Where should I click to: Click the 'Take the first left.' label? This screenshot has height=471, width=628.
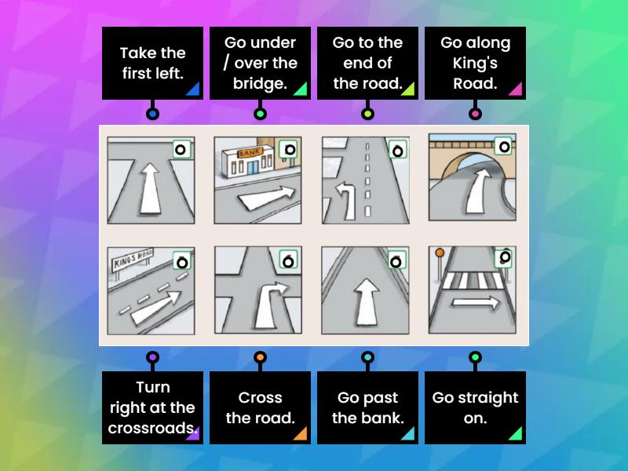point(152,64)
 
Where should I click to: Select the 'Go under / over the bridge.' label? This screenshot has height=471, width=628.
point(260,64)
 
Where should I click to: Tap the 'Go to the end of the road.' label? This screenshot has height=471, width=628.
point(367,64)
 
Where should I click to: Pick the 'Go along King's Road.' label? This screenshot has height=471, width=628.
point(475,64)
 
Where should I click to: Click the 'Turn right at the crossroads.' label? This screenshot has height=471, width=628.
point(152,407)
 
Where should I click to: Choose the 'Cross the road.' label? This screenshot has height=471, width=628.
point(260,407)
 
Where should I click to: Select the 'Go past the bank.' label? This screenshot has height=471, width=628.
point(367,407)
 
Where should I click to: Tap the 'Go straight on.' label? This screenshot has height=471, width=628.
point(475,407)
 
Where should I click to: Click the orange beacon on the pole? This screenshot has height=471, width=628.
point(440,253)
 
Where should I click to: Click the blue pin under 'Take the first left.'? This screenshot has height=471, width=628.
point(152,114)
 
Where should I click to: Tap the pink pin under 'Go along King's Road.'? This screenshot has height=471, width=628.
point(475,114)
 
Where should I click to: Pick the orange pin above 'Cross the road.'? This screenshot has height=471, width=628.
point(260,357)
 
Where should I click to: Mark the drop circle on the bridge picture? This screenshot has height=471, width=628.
point(504,146)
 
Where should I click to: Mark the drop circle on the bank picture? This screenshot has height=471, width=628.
point(290,149)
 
